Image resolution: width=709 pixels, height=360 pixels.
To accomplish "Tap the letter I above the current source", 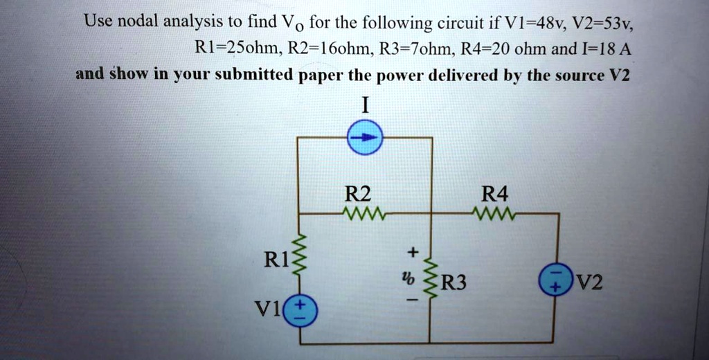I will pyautogui.click(x=366, y=106).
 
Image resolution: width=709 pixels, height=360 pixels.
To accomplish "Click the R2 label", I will pyautogui.click(x=358, y=194).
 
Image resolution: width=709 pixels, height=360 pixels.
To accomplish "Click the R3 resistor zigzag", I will pyautogui.click(x=430, y=280).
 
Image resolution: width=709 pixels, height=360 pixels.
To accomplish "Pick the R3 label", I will pyautogui.click(x=454, y=282).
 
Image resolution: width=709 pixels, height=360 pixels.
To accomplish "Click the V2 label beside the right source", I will pyautogui.click(x=589, y=283).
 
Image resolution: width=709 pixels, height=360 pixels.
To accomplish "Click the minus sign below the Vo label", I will pyautogui.click(x=411, y=303).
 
